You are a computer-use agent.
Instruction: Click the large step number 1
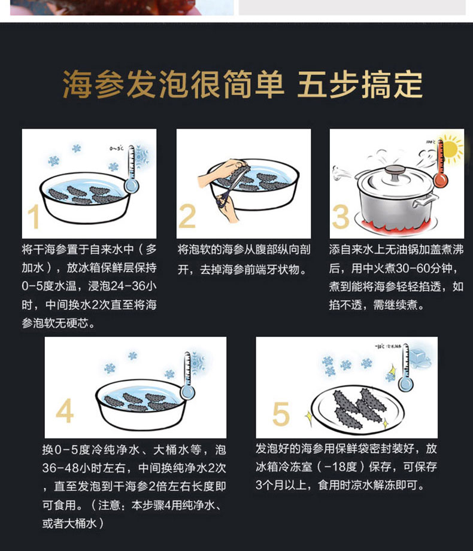34,217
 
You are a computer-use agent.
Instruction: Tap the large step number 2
187,217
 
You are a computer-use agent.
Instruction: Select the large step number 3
341,217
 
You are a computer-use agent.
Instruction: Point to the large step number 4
65,412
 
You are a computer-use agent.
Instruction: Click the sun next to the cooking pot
453,147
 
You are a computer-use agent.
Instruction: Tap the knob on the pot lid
394,171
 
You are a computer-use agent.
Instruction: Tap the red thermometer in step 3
441,165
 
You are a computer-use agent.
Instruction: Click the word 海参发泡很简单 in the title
173,86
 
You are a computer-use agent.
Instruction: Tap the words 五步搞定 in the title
360,86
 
